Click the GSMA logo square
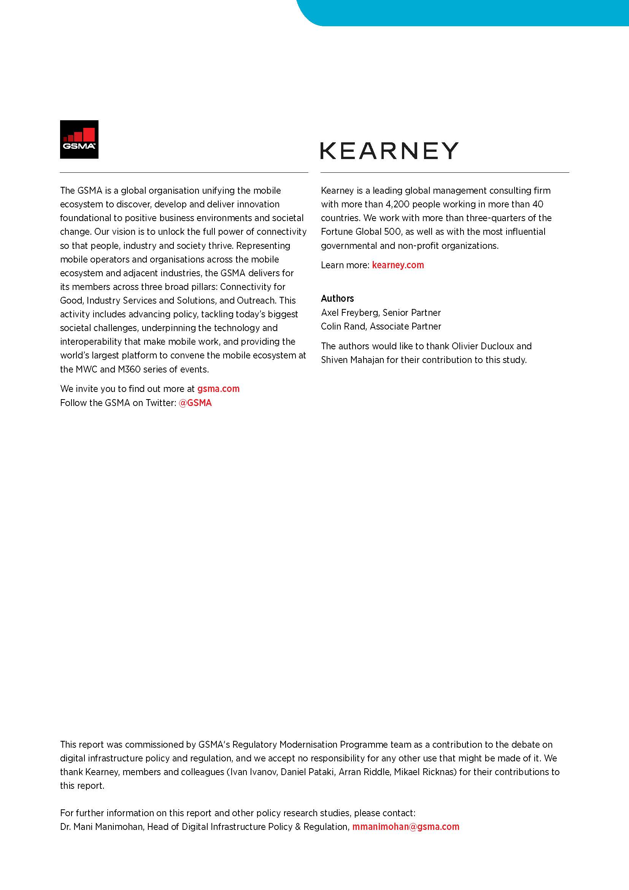coord(79,139)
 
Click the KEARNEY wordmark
coord(389,150)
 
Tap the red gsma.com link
coord(218,389)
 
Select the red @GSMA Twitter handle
coord(195,403)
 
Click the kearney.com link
coord(398,265)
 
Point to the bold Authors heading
coord(337,298)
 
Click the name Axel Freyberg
coord(349,312)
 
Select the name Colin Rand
coord(343,326)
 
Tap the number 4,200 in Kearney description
coord(397,204)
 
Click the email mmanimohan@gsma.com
coord(405,827)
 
